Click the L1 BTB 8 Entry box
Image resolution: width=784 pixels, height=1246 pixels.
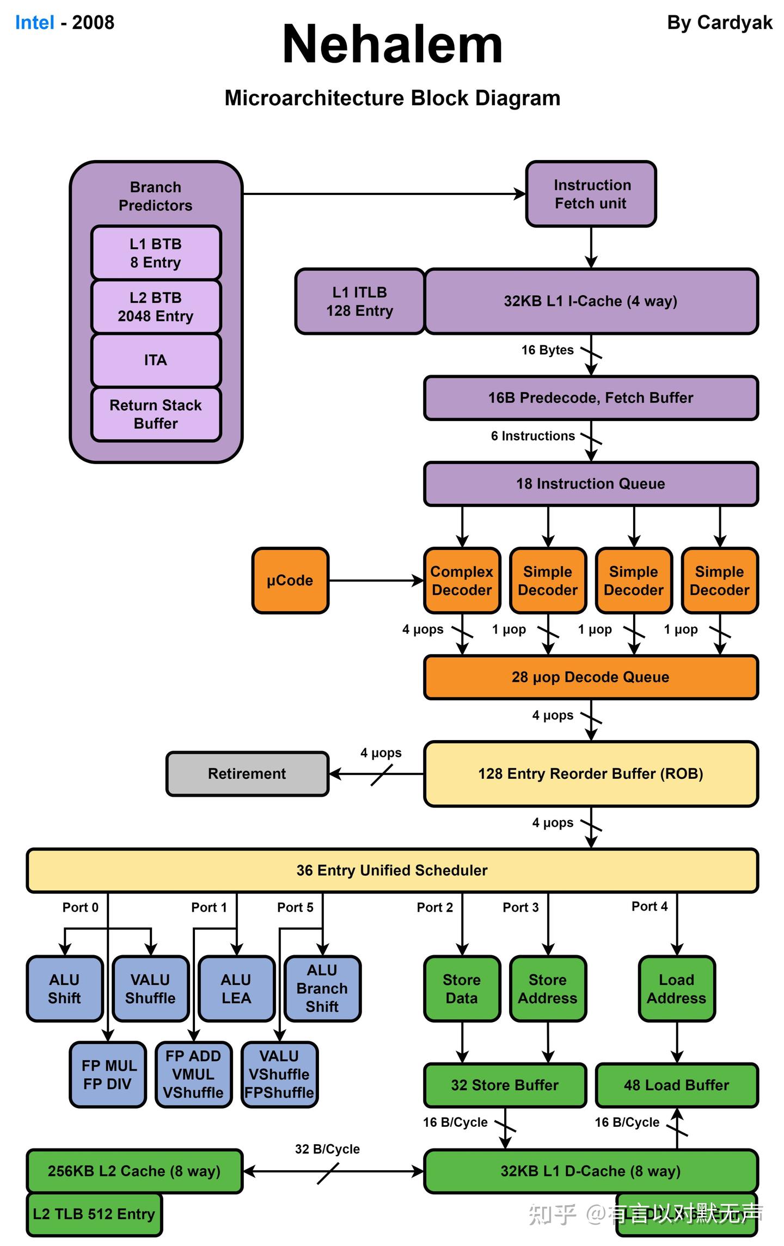coord(156,253)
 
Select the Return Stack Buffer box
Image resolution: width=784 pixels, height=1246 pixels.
coord(156,414)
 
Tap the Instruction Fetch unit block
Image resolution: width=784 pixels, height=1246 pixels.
coord(591,194)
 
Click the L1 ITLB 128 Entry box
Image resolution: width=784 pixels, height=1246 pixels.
coord(359,301)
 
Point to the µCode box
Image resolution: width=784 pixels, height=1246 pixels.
coord(290,581)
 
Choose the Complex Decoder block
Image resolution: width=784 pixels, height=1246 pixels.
coord(462,581)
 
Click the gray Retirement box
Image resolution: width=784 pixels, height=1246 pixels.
coord(247,774)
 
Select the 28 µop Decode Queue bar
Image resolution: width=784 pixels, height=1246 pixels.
coord(591,677)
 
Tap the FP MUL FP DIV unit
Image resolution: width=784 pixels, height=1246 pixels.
coord(108,1074)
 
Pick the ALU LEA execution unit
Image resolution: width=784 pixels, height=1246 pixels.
coord(236,988)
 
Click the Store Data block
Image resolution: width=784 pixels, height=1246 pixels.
coord(462,988)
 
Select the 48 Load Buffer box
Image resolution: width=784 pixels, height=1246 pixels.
coord(676,1085)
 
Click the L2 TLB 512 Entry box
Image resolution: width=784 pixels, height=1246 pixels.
coord(94,1214)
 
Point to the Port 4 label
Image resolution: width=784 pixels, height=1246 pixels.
coord(649,906)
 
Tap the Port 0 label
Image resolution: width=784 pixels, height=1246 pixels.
coord(80,907)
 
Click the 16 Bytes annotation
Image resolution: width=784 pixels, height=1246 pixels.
coord(547,350)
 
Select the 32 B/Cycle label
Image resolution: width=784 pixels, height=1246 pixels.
coord(327,1149)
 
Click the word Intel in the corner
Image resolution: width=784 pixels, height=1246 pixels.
coord(34,23)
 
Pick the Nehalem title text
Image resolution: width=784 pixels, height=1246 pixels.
coord(392,45)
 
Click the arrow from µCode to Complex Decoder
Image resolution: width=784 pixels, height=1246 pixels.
coord(376,581)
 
